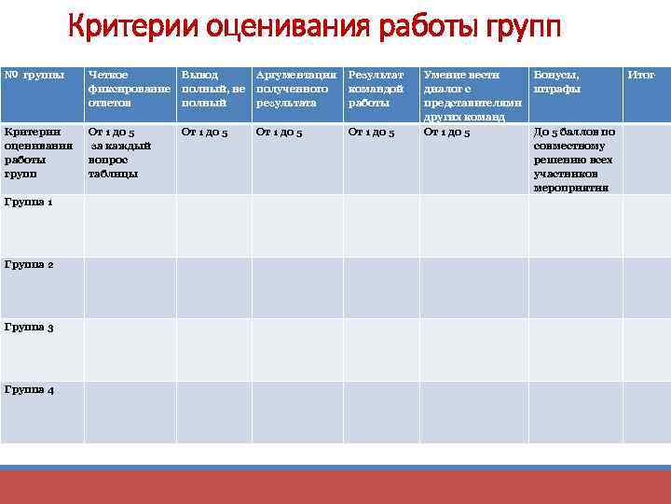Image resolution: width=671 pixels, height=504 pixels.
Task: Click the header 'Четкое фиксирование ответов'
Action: (x=128, y=89)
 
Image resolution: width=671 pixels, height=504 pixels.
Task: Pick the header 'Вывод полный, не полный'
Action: (x=212, y=89)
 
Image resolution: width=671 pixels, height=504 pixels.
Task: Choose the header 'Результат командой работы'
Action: (x=377, y=89)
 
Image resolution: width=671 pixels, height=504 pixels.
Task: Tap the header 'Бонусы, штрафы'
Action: (x=557, y=81)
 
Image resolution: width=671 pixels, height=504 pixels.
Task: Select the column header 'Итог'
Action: (x=642, y=74)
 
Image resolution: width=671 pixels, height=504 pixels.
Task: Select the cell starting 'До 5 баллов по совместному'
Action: (x=574, y=160)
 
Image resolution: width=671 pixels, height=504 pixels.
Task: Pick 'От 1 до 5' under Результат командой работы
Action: (x=371, y=133)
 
